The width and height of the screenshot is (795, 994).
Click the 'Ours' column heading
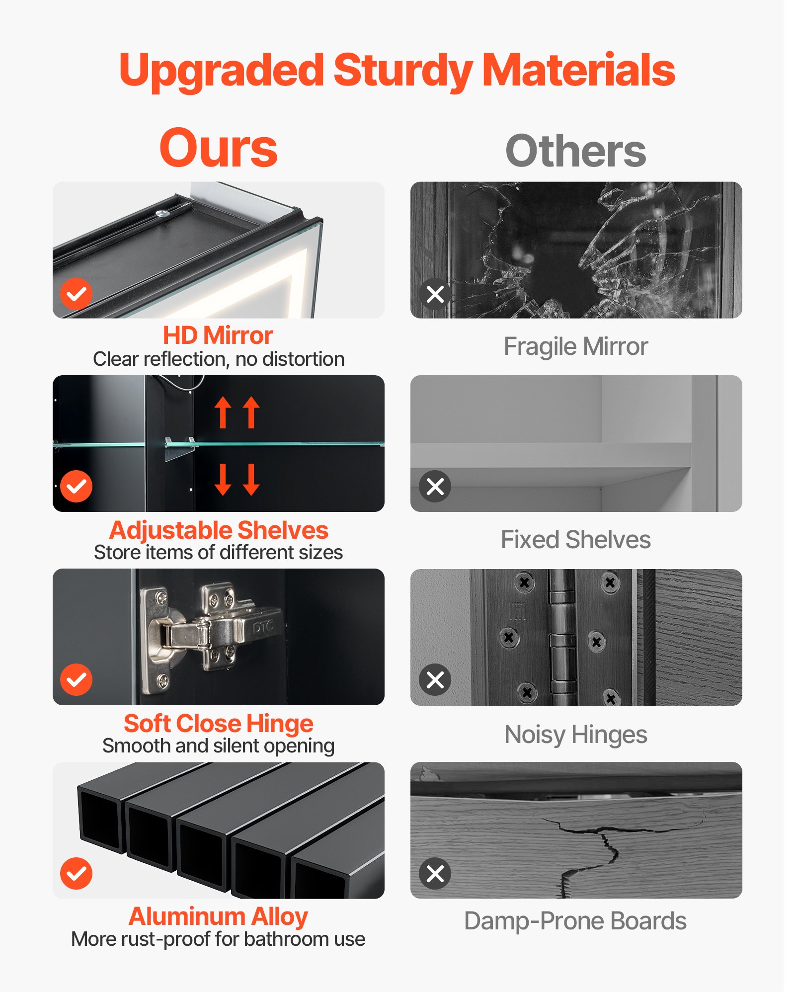218,148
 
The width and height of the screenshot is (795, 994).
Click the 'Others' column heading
576,151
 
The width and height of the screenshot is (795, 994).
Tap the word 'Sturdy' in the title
402,71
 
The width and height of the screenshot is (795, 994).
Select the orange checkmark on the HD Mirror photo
76,294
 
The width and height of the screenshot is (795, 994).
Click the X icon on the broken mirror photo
435,294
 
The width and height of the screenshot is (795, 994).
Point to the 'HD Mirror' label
218,335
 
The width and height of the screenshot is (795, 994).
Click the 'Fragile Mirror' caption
576,346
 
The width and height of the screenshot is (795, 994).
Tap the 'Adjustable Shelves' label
219,530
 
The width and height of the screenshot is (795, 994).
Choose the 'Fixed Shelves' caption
576,540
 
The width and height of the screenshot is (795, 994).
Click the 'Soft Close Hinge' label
219,724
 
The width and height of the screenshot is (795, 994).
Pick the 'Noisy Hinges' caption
576,735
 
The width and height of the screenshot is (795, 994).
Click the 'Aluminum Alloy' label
218,916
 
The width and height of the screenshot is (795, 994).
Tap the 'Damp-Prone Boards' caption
575,921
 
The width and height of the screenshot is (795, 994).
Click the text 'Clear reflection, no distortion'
219,359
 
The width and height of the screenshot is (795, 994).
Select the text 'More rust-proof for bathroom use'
218,939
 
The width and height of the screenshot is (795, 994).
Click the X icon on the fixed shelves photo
435,486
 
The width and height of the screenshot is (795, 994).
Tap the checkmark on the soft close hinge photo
76,679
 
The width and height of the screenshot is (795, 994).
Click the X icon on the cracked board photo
435,873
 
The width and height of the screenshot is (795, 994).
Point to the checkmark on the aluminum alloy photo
76,873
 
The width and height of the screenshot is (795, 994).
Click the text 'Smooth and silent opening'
219,746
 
